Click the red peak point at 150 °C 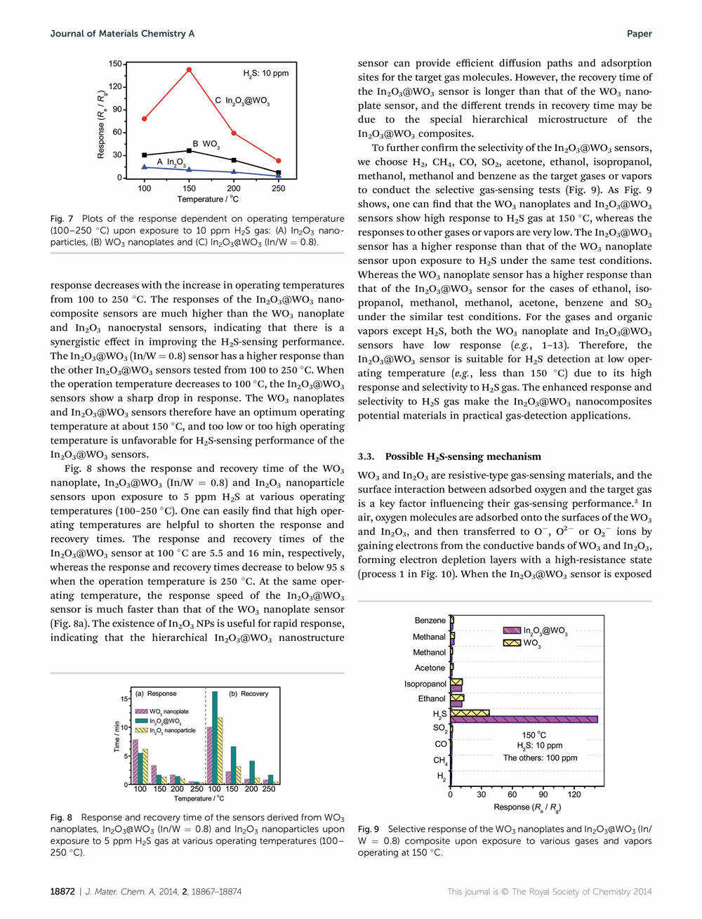[x=189, y=70]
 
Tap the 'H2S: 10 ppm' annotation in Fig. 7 [x=265, y=73]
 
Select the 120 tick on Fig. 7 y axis [x=114, y=86]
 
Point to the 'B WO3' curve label [x=206, y=144]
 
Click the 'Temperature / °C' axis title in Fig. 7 [x=210, y=199]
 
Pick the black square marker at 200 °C [x=234, y=160]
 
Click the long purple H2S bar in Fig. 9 [x=524, y=719]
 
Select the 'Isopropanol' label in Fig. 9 [x=425, y=684]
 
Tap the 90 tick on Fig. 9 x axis [x=543, y=795]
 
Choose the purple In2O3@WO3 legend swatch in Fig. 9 [x=512, y=630]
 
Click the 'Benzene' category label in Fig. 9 [x=430, y=621]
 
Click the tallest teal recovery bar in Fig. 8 [x=215, y=737]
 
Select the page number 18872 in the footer [x=62, y=892]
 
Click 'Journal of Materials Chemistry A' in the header [x=122, y=34]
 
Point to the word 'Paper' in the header [x=639, y=34]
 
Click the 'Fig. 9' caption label [x=369, y=829]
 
